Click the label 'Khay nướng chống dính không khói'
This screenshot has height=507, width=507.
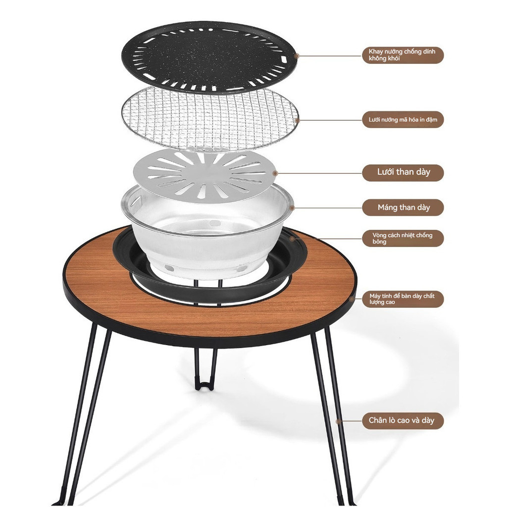(x=402, y=55)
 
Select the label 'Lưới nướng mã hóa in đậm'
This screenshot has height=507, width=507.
(x=403, y=120)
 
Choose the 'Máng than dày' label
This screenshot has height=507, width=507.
(x=403, y=207)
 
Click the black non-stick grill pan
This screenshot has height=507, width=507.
(x=209, y=57)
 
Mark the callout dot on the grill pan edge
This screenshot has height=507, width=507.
(x=297, y=55)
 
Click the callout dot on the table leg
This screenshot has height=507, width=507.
(x=338, y=421)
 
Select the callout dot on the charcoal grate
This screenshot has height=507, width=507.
(x=275, y=173)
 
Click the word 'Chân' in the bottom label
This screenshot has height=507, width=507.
(x=377, y=420)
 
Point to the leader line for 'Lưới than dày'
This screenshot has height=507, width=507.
(x=320, y=173)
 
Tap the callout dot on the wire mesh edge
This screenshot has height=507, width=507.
(x=298, y=120)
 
